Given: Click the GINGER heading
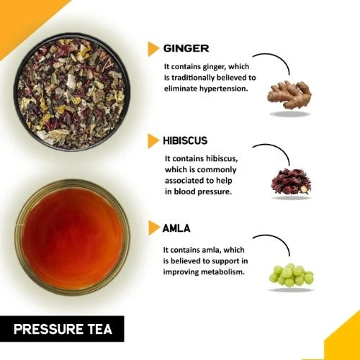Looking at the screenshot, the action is [x=186, y=48].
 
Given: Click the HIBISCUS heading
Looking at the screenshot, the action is [x=185, y=140].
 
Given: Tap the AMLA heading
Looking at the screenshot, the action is [x=176, y=228].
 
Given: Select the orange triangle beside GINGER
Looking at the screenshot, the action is [x=153, y=49].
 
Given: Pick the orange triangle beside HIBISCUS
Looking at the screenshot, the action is [x=153, y=141].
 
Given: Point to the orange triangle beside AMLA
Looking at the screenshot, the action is [x=153, y=228].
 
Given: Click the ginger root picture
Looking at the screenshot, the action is [x=289, y=94].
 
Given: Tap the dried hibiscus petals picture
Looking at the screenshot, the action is [x=291, y=181].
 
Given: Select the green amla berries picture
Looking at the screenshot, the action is [x=291, y=275].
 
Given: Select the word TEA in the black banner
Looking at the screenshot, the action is [x=101, y=329].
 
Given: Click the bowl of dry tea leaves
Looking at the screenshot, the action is [x=72, y=92].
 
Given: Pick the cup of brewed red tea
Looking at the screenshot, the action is [x=72, y=238].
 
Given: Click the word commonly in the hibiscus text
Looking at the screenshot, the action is [x=216, y=170].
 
